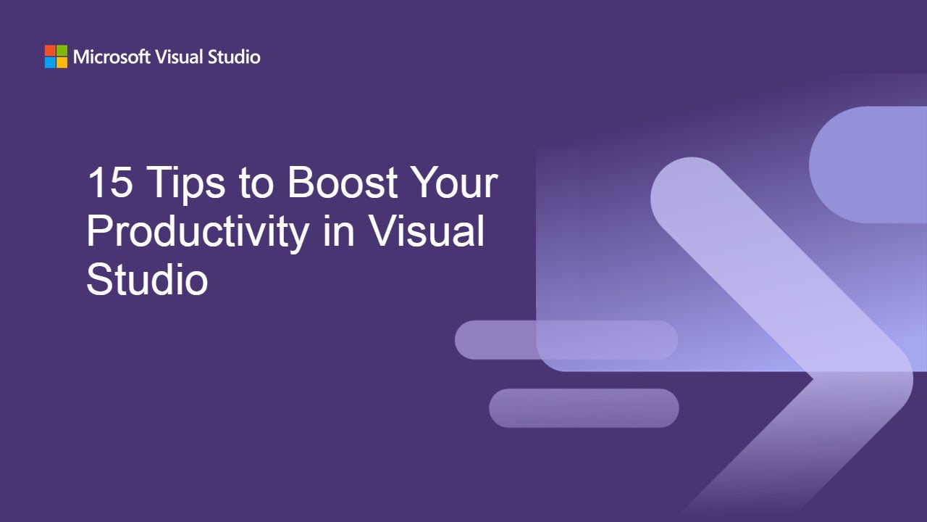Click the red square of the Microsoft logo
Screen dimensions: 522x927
tap(50, 51)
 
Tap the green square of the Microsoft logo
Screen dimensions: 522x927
tap(62, 51)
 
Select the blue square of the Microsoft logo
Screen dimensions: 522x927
tap(50, 62)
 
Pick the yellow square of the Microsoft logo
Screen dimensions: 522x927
tap(62, 62)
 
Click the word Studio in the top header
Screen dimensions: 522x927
tap(234, 57)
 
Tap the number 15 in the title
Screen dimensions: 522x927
tap(109, 182)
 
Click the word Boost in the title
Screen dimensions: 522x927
tap(342, 182)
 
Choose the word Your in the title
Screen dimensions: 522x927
tap(453, 182)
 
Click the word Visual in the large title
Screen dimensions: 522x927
tap(425, 231)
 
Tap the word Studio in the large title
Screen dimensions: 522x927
tap(147, 279)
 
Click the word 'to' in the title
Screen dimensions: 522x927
tap(256, 183)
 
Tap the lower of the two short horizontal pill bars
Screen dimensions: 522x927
tap(583, 408)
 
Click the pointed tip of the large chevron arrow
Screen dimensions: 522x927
tap(909, 377)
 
